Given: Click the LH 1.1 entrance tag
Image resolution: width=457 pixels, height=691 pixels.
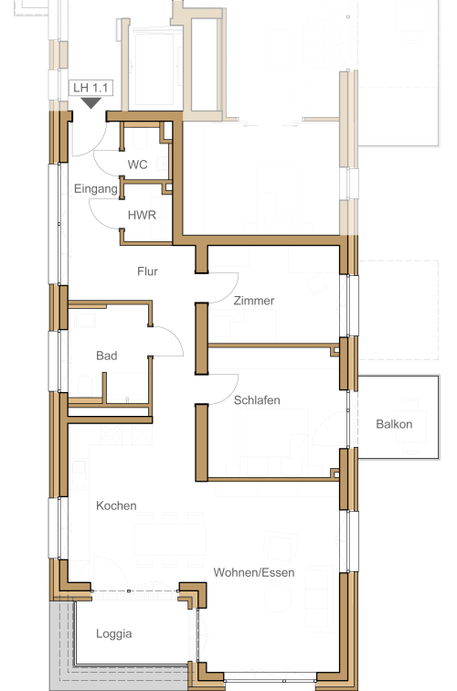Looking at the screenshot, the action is tap(90, 88).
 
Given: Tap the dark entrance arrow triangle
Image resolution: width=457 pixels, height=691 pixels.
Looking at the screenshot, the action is tap(91, 103).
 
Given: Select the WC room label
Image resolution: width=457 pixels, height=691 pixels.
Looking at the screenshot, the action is tap(137, 165).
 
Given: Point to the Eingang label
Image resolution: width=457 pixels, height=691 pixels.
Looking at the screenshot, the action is tap(96, 189).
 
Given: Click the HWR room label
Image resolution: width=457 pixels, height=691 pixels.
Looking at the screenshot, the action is tap(142, 215).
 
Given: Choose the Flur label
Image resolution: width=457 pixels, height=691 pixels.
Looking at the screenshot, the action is tap(147, 271).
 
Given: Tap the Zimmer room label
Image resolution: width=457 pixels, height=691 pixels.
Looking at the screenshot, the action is tap(254, 301).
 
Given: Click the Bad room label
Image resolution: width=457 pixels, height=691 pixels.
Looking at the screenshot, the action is tap(107, 356).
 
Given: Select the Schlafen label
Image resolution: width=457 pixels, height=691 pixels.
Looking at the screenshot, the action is tap(257, 400).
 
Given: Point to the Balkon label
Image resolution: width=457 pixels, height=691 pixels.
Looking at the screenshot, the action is tap(395, 424).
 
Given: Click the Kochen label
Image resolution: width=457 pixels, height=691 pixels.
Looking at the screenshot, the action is tap(116, 505).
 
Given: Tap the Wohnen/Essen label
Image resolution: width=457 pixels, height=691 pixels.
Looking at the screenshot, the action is tap(254, 572).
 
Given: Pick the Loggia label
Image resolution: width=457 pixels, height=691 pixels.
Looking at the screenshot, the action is tap(114, 633).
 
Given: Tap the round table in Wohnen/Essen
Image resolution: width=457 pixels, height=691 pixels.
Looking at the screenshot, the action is tap(278, 598).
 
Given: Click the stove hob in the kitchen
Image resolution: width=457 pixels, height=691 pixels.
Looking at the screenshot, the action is tap(112, 434).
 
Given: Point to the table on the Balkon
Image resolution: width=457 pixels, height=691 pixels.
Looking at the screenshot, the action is tap(413, 426).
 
